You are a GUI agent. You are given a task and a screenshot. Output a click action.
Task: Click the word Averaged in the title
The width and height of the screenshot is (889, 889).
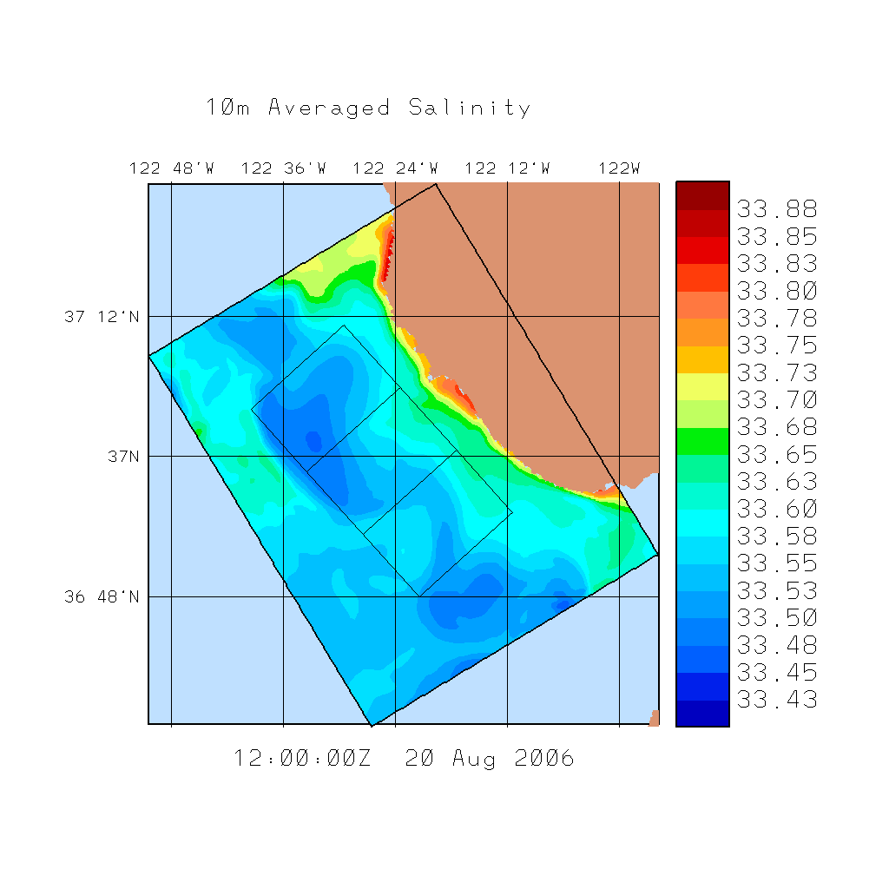tap(329, 108)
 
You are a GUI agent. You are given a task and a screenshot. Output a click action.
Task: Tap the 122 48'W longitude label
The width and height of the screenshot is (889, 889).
tap(171, 168)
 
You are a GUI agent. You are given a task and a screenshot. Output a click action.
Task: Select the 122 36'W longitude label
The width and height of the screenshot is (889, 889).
tap(283, 168)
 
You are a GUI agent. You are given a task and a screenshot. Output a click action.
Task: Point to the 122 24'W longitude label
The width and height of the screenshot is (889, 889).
tap(395, 168)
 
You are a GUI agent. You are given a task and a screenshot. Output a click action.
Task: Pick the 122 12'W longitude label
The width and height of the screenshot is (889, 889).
tap(507, 168)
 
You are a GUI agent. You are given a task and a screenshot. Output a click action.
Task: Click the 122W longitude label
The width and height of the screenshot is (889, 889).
tap(619, 168)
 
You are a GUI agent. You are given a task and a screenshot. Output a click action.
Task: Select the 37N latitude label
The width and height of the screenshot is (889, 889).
tap(116, 456)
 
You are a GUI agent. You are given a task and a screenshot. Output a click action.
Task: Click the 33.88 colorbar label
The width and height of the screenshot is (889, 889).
tap(777, 209)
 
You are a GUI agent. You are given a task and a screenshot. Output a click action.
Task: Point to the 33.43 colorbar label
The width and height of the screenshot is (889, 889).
tap(777, 700)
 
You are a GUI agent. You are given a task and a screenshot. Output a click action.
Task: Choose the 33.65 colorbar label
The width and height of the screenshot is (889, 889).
tap(777, 454)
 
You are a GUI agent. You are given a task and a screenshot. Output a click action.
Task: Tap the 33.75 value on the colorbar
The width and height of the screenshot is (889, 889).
tap(777, 346)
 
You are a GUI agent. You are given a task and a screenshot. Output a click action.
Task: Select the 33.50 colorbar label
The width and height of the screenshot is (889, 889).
tap(777, 618)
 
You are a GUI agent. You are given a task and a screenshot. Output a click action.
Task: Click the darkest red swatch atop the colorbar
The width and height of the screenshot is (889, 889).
tap(702, 195)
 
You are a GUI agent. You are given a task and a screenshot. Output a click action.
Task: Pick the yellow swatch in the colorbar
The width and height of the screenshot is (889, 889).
tap(702, 386)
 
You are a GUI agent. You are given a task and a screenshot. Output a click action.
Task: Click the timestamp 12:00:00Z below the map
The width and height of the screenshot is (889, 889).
tap(302, 759)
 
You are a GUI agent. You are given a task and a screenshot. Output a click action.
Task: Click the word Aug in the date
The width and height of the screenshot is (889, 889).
tap(474, 759)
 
